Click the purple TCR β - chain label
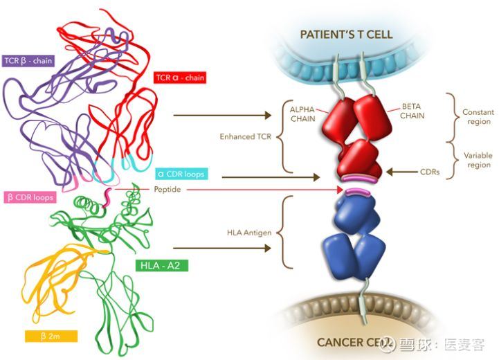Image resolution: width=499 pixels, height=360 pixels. pyautogui.click(x=28, y=60)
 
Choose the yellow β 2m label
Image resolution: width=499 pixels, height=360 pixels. pyautogui.click(x=50, y=336)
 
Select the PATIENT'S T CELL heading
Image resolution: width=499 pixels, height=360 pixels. pyautogui.click(x=356, y=35)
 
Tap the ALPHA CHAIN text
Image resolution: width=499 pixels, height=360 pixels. pyautogui.click(x=302, y=114)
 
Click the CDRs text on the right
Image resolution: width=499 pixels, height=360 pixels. pyautogui.click(x=435, y=170)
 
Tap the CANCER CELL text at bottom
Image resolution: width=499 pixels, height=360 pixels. pyautogui.click(x=351, y=342)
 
